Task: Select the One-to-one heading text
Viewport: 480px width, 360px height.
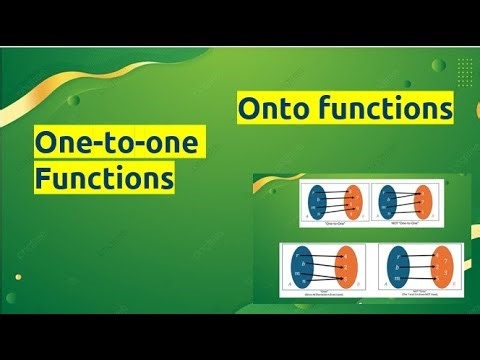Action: [116, 146]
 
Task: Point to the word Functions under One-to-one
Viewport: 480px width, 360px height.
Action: [102, 181]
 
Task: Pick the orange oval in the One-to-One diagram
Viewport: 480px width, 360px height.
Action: [354, 202]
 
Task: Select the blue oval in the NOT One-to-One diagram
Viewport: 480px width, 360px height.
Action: [389, 202]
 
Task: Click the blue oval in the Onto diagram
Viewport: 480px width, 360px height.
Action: [301, 266]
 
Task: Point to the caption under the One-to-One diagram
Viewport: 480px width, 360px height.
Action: [336, 224]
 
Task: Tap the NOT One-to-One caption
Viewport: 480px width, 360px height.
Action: [405, 224]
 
